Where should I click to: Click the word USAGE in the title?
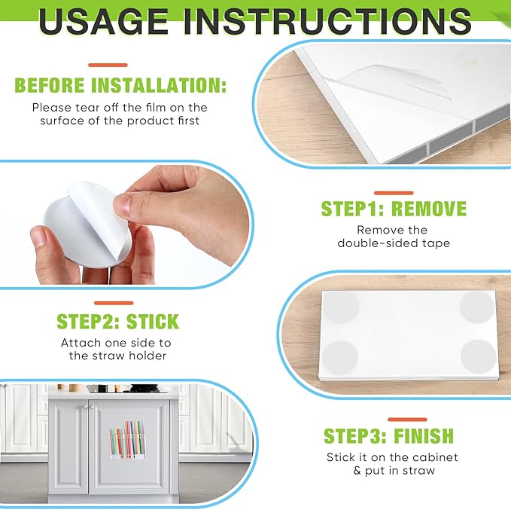tap(103, 22)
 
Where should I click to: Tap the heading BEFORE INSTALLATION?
tap(120, 85)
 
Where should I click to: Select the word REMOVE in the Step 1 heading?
tap(429, 209)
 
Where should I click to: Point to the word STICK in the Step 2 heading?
tap(153, 322)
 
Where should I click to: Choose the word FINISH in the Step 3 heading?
tap(424, 435)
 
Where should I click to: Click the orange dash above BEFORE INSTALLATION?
tap(108, 66)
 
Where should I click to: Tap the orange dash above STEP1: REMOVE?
tap(394, 193)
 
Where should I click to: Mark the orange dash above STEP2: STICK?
tap(114, 303)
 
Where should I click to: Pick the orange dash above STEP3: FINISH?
tap(407, 420)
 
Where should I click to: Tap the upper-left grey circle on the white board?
tap(341, 307)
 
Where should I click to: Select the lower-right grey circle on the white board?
tap(479, 356)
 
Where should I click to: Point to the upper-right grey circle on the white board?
tap(477, 307)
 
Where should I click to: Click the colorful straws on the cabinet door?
tap(127, 438)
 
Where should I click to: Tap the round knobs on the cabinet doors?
tap(88, 406)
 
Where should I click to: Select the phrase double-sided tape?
tap(394, 243)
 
